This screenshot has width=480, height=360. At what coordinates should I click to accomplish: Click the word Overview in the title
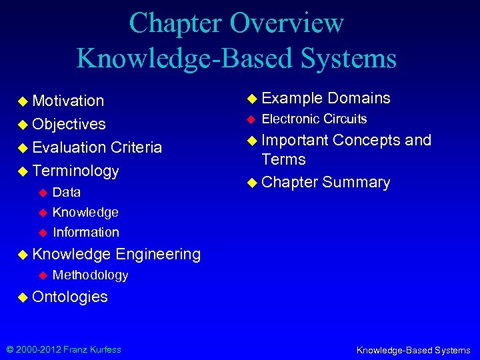point(287,23)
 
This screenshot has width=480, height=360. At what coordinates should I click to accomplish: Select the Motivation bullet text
point(68,101)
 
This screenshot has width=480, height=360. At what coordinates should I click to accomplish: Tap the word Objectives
point(69,125)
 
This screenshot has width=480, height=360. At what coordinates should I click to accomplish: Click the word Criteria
point(137,147)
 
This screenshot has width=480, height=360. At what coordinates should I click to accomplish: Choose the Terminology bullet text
point(75,171)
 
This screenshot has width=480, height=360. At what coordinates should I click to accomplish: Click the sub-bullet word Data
point(67,193)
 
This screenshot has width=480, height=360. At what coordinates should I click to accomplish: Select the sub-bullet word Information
point(86,233)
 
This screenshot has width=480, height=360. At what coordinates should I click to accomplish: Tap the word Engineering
point(158,254)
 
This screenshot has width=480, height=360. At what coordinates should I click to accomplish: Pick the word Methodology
point(90,275)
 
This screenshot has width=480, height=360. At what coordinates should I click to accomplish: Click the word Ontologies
point(70,297)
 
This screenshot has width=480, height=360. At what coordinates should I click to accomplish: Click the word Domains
point(359,99)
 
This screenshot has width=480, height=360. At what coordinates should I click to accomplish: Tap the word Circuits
point(345,119)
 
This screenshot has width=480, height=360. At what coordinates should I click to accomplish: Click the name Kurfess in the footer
point(103,349)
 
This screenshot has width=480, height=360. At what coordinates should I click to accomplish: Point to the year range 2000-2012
point(39,349)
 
